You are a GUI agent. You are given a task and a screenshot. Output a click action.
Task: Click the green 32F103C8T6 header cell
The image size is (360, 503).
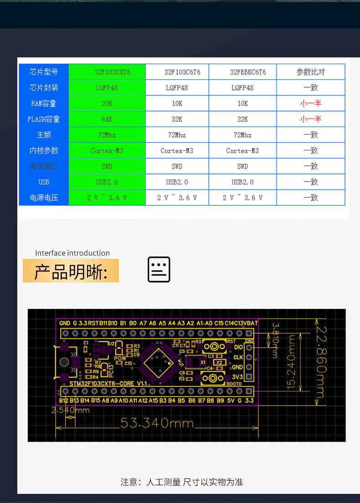pos(107,72)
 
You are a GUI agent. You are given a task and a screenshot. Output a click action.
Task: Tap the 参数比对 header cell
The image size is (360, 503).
pos(311,72)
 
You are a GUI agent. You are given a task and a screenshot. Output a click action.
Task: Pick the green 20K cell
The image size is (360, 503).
pos(107,103)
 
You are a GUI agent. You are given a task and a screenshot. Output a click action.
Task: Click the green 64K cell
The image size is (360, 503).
pos(107,119)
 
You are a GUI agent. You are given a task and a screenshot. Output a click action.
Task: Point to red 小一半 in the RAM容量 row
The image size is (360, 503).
pos(311,103)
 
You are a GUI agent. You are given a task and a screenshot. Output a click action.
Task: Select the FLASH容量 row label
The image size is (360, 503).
pos(44,119)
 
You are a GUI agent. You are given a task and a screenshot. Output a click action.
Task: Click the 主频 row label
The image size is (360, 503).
pos(44,135)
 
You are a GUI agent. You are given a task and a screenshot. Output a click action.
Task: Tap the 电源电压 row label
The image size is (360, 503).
pos(44,198)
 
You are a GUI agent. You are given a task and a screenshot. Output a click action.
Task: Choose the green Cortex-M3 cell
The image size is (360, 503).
pos(107,150)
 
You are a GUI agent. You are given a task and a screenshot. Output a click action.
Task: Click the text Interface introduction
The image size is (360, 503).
pos(72,253)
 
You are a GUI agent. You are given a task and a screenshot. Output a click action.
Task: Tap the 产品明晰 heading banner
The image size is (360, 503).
pos(71,271)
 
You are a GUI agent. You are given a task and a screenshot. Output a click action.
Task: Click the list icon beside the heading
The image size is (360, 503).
pos(159,269)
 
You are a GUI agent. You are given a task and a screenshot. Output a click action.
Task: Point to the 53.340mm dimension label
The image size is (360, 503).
pos(157,423)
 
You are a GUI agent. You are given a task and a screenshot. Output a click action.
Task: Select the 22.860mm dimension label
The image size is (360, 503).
pos(321,362)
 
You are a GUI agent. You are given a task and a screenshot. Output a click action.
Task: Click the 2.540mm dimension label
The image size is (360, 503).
pos(71,410)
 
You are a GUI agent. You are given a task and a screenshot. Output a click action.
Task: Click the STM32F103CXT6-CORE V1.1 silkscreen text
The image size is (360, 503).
pos(108,384)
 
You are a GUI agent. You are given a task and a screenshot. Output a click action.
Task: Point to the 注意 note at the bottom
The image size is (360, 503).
pos(182,482)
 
